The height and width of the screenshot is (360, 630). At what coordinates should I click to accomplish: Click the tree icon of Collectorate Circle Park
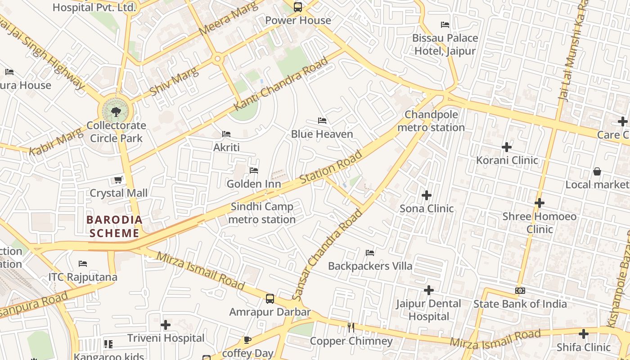pos(116,111)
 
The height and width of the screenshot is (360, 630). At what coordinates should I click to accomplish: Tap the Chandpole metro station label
pos(431,121)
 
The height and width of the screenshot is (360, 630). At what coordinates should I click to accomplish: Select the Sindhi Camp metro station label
pos(263,213)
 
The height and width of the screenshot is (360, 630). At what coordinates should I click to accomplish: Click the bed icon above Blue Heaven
pos(322,121)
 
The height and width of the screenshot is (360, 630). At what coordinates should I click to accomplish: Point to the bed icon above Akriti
pos(226,134)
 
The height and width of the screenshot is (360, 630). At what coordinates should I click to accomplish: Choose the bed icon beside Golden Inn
pos(254,171)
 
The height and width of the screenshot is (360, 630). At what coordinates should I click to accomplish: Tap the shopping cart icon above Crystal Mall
pos(118,180)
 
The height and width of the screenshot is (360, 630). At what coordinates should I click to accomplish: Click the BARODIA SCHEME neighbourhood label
pos(114,226)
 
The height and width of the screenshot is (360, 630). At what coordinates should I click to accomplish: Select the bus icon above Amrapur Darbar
pos(270,298)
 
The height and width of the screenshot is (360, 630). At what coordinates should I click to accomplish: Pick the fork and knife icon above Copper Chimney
pos(351,328)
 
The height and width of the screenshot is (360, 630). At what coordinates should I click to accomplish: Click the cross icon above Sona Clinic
pos(427,195)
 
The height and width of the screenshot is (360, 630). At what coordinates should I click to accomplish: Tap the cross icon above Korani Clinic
pos(507,147)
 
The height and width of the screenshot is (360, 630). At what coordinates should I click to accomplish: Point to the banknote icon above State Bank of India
pos(520,291)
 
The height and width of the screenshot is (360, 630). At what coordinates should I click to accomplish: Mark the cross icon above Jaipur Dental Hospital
pos(429,290)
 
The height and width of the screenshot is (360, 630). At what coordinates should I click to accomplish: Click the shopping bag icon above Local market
pos(597,171)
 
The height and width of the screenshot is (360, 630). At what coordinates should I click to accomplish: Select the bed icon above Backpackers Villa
pos(370,252)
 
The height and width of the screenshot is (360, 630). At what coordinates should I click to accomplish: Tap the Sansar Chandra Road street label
pos(327,255)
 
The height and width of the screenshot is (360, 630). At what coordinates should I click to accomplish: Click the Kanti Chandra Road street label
pos(281,84)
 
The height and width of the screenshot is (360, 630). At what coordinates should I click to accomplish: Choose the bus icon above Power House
pos(298,7)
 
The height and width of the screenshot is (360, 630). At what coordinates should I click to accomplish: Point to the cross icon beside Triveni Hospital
pos(166,324)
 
